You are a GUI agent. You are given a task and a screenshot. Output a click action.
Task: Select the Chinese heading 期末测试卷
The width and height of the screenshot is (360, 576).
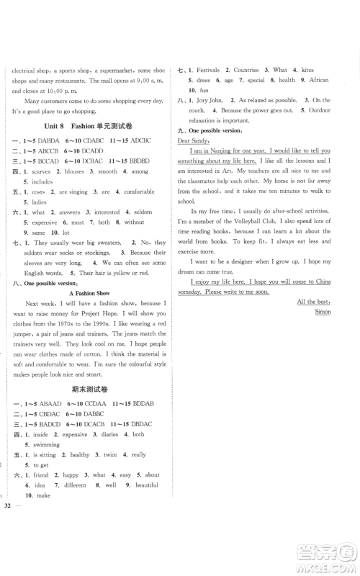(90, 407)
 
